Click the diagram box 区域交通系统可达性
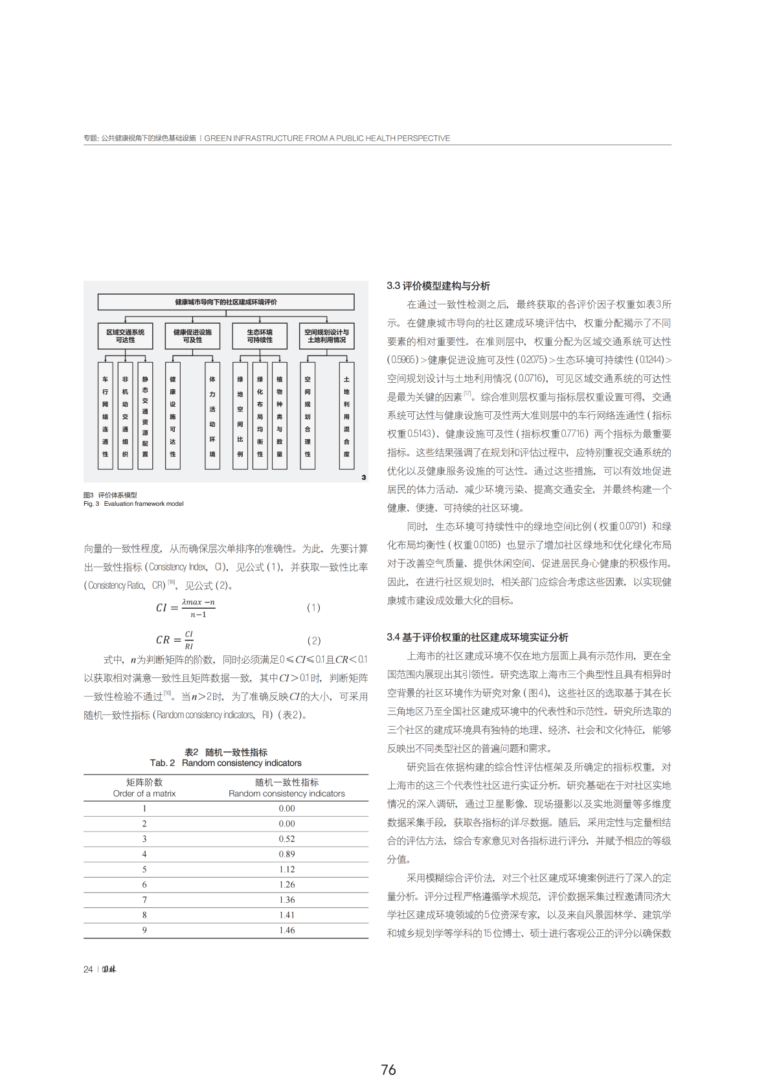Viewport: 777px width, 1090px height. [126, 335]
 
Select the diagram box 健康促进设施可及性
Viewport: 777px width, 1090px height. [192, 335]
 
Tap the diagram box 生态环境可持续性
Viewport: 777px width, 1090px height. [260, 335]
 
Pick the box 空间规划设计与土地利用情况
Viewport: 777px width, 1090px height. [327, 335]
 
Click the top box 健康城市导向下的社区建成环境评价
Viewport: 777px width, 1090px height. [226, 302]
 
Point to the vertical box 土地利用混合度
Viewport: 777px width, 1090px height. [347, 416]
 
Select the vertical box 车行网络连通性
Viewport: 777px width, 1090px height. [106, 416]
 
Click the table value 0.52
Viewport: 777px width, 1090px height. [287, 839]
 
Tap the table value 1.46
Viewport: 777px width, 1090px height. [287, 930]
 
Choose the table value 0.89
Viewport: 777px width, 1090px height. [287, 854]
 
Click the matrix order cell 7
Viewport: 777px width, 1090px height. [144, 900]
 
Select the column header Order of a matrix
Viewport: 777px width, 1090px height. [144, 793]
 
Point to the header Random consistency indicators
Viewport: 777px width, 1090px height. [287, 793]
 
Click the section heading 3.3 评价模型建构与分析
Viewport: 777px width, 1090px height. [438, 286]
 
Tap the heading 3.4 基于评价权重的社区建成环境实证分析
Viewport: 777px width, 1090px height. [477, 637]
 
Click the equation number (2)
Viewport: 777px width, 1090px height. [314, 641]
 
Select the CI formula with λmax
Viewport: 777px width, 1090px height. [186, 607]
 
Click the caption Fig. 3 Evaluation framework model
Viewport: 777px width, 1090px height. [133, 504]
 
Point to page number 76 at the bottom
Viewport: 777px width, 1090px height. [388, 1070]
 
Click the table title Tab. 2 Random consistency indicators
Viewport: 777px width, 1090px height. [226, 763]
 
